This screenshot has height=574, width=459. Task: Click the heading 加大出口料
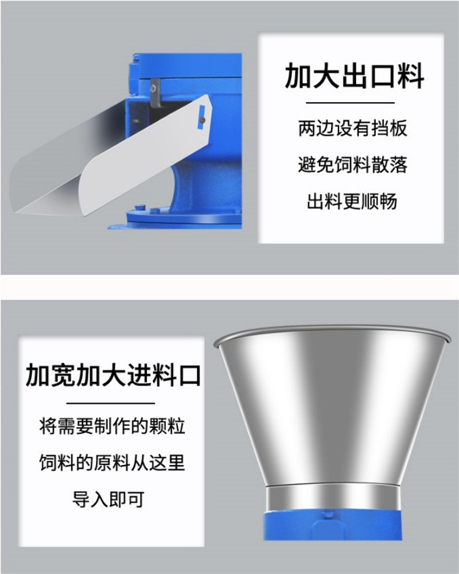354,76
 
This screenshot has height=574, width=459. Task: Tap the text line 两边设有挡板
352,128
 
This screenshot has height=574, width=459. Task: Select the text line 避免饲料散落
352,164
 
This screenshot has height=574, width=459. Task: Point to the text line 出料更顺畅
352,201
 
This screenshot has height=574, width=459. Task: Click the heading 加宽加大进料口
113,375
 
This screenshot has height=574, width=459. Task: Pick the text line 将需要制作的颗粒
112,426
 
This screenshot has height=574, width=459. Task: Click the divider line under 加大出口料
350,103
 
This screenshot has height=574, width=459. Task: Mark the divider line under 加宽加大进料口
111,404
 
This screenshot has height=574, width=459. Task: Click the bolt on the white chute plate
203,120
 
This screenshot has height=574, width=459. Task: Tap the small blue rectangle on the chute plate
201,117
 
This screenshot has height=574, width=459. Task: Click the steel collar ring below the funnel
332,499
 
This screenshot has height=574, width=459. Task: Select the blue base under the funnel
332,526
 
